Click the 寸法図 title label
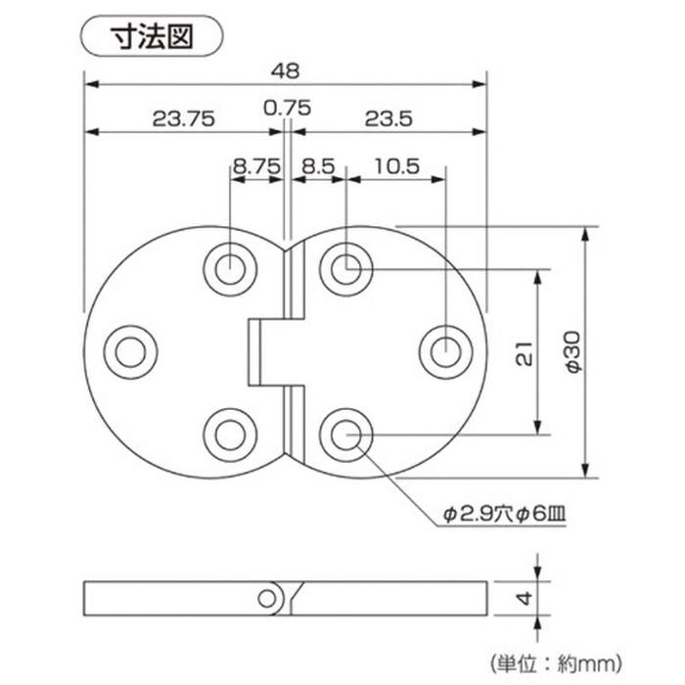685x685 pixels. (152, 36)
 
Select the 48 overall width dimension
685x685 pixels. (286, 70)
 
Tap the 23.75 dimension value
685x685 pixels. (184, 118)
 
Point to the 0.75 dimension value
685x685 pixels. (287, 108)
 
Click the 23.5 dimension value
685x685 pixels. (388, 118)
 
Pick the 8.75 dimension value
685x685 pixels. (256, 166)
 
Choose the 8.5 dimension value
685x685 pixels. (318, 166)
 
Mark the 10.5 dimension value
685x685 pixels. (396, 166)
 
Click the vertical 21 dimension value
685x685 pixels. (525, 353)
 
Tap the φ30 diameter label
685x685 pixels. (572, 352)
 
